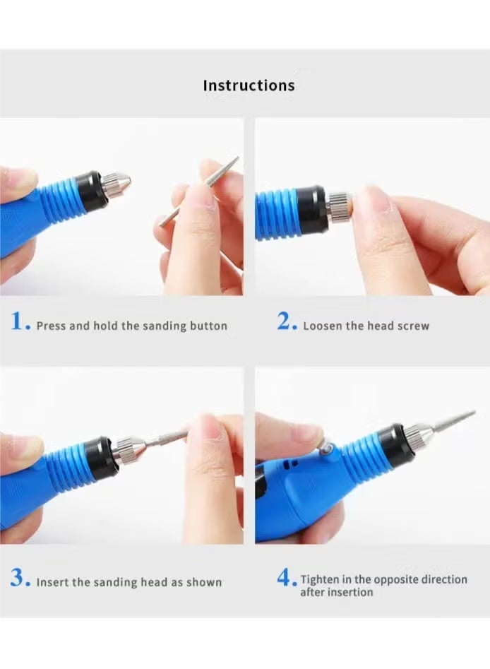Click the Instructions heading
point(249,85)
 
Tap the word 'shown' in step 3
point(205,583)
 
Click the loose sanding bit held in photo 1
point(200,192)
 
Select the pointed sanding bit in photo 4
point(452,421)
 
